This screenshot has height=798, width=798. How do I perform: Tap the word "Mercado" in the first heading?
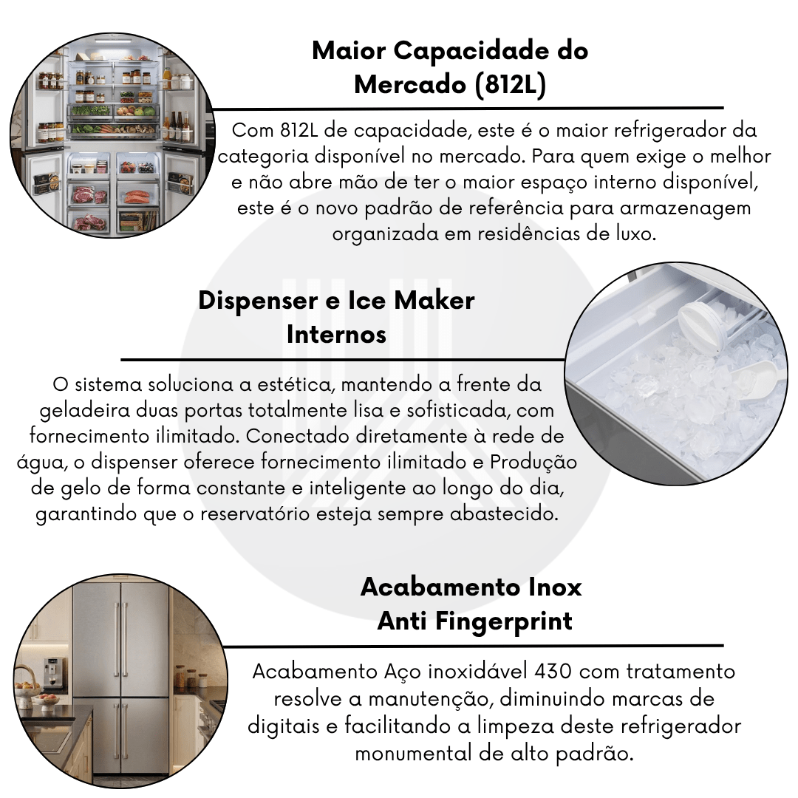point(410,84)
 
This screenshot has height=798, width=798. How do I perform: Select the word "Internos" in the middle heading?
point(336,335)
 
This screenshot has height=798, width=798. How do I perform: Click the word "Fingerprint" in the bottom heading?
point(504,621)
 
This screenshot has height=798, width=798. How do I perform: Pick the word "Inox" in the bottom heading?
point(555,587)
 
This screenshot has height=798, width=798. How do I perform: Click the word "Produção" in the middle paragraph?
point(533,462)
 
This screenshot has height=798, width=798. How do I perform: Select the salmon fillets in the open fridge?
point(137,195)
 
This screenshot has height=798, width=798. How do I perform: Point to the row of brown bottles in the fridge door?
point(177,127)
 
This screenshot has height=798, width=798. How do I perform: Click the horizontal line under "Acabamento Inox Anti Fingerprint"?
point(474,647)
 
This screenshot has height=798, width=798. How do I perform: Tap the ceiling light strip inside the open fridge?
point(113,41)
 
